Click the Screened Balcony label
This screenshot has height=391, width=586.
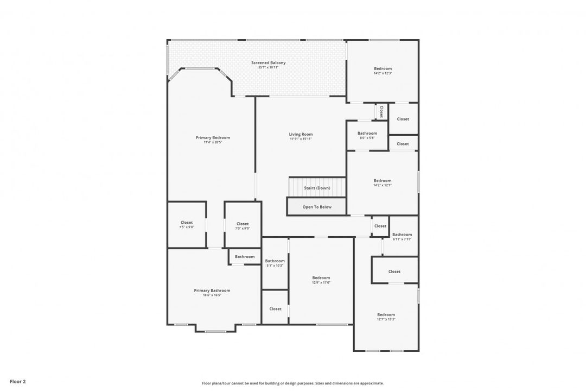[x=268, y=63]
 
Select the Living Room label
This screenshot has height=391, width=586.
[x=301, y=134]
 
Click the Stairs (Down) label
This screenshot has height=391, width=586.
[x=317, y=188]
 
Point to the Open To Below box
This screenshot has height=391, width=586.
[x=317, y=207]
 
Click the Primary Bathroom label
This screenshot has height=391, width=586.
[x=212, y=291]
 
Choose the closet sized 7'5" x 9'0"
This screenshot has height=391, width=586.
[x=187, y=225]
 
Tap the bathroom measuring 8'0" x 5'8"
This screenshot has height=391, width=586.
[x=367, y=135]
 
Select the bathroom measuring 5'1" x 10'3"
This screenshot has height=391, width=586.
[x=275, y=263]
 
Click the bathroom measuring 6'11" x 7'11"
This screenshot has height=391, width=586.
[x=402, y=237]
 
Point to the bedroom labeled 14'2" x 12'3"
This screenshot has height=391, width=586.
[x=383, y=71]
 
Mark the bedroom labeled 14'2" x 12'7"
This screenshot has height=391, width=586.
[x=382, y=182]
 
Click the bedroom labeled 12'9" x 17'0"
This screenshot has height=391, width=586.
[x=321, y=280]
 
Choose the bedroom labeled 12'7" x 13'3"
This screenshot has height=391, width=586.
[x=386, y=317]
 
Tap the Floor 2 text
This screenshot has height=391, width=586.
[x=17, y=381]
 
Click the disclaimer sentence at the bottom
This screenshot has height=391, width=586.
[x=292, y=383]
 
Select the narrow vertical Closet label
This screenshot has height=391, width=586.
[x=381, y=112]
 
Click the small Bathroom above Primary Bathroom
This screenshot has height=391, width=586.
[x=245, y=256]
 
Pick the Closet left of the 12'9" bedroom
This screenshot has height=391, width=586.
[x=275, y=308]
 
